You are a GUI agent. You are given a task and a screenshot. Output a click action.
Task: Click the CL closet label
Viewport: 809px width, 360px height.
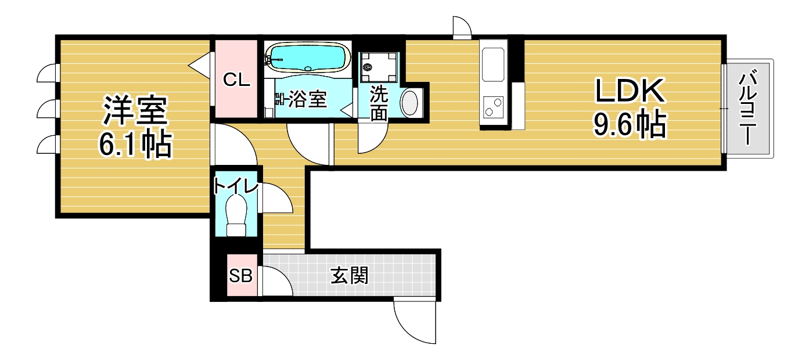[236, 80]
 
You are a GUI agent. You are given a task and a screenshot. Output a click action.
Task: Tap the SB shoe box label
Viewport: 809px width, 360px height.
[240, 276]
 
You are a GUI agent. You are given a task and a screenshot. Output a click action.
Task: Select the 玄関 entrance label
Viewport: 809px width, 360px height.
[349, 275]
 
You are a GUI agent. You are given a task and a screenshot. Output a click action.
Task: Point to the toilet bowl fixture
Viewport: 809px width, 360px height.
[236, 217]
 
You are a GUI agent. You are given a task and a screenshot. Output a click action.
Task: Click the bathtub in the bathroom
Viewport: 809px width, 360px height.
[307, 57]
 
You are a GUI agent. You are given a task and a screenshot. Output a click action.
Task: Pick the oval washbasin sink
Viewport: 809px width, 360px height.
[410, 103]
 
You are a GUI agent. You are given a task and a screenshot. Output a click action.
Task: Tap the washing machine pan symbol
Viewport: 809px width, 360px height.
[379, 67]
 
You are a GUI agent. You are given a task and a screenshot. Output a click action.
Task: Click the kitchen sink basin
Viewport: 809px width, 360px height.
[493, 64]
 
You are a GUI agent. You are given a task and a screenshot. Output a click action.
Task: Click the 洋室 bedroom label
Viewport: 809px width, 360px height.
[135, 110]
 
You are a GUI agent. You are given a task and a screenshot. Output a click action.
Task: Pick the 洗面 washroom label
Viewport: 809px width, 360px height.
[379, 103]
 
